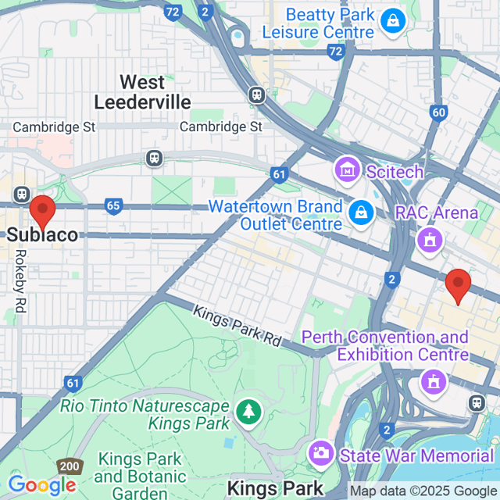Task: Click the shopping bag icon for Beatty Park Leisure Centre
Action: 391,22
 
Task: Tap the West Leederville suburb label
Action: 142,92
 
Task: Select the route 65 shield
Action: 113,206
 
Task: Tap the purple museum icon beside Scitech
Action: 345,168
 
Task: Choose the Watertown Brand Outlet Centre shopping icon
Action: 360,212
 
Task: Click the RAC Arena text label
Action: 437,212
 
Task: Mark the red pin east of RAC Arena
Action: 457,285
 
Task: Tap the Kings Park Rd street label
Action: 236,325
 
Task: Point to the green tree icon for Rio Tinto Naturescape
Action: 248,411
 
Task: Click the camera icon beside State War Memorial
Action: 320,452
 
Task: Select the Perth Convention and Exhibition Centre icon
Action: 431,382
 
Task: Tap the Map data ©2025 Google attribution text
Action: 422,491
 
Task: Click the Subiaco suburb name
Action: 43,234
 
